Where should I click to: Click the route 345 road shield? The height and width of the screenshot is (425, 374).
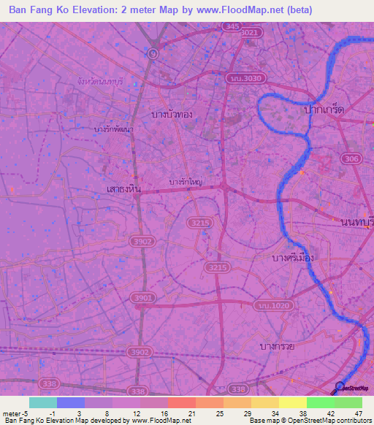coord(232,26)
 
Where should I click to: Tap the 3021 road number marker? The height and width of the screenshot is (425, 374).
coord(250,33)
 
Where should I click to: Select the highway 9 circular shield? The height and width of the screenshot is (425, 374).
coord(152,53)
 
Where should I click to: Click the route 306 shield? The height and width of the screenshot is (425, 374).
coord(351,160)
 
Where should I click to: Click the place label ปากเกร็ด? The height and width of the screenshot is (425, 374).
coord(324,109)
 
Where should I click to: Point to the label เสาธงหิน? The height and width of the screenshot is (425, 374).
coord(123,188)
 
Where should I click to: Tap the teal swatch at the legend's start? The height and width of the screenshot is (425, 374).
coord(42,402)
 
